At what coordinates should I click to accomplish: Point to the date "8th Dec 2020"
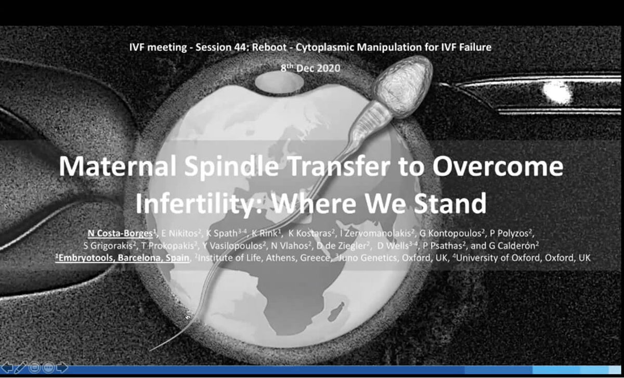(x=311, y=68)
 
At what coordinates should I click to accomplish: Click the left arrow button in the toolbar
(x=8, y=368)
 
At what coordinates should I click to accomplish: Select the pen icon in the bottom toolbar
(x=21, y=368)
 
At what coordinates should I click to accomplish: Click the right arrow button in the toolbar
(x=62, y=368)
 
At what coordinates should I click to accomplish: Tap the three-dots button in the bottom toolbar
(x=48, y=368)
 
